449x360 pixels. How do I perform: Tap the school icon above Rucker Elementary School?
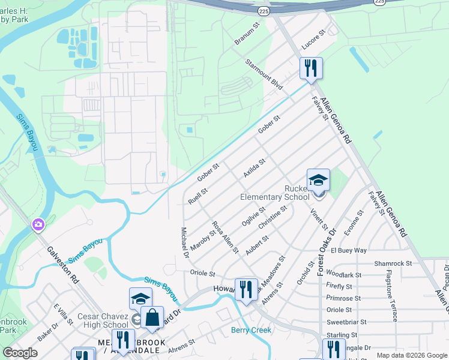(x=318, y=179)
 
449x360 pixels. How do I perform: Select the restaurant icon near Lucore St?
(x=311, y=68)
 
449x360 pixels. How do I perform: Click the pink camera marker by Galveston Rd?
(x=38, y=224)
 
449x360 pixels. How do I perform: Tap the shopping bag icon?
(x=152, y=317)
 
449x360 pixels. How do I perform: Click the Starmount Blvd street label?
(x=264, y=74)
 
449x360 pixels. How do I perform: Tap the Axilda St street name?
(x=254, y=168)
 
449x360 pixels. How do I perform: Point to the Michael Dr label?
(x=185, y=243)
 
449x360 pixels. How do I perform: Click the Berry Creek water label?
(x=251, y=330)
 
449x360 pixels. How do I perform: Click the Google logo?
(x=20, y=353)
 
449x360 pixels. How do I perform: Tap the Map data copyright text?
(x=411, y=355)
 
